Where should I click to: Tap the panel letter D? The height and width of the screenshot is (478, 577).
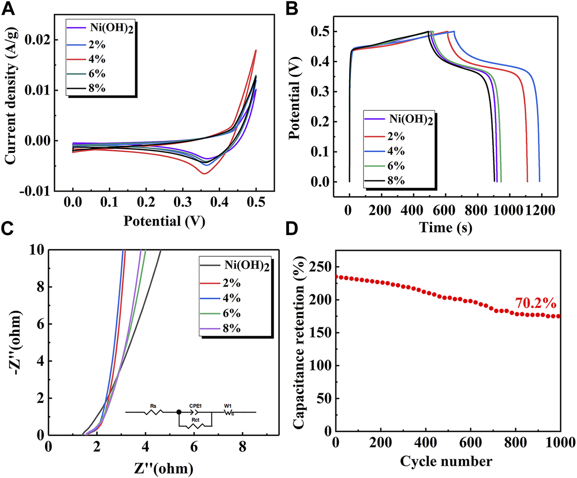click(x=292, y=230)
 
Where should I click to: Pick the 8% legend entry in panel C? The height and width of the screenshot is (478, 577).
click(x=231, y=329)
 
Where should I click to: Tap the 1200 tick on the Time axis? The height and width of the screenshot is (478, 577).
click(x=540, y=210)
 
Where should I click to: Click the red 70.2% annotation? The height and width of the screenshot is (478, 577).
click(x=535, y=303)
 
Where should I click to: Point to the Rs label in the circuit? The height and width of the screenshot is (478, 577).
click(x=153, y=406)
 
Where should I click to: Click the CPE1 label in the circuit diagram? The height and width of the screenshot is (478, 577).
click(x=195, y=406)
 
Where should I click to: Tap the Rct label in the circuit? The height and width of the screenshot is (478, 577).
click(x=195, y=420)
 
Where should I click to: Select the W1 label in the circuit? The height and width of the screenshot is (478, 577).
click(x=228, y=406)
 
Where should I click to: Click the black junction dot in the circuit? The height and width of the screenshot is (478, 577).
click(x=179, y=412)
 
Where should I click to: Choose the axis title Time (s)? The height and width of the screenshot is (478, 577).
click(x=445, y=227)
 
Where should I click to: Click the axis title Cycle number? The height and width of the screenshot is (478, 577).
click(x=446, y=461)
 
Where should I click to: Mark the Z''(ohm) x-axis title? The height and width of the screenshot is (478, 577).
click(x=163, y=469)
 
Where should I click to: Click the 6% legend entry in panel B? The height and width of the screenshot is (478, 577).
click(x=396, y=166)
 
